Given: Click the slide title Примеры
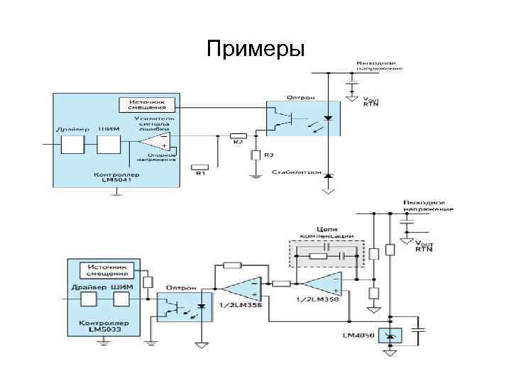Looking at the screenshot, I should click(255, 49).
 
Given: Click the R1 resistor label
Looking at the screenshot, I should click(199, 173).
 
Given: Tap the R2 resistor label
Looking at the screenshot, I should click(238, 142).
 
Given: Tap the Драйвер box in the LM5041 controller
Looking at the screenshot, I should click(72, 145).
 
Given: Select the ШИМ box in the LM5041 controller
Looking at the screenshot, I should click(109, 145).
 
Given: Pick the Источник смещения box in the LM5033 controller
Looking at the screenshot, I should click(107, 270).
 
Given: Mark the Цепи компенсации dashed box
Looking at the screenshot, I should click(324, 252).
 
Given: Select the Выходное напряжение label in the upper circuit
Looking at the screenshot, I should click(379, 67).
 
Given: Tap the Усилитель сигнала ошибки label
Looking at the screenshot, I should click(155, 123).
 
